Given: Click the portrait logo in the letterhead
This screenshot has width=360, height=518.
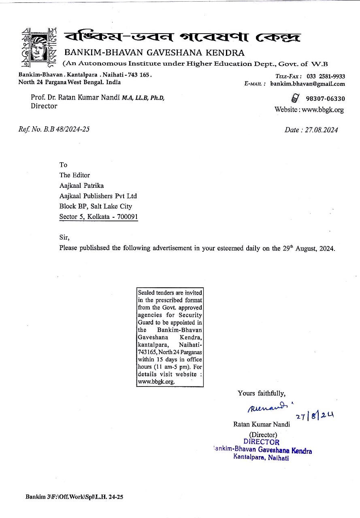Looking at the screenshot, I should coord(38,47).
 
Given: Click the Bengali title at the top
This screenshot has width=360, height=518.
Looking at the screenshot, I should coord(182,37).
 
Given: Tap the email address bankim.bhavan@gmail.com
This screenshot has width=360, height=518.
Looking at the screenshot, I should coord(307,84).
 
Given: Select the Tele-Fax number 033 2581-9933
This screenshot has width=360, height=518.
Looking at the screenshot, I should coord(326,76).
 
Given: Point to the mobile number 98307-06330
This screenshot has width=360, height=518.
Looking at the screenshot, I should coord(325,99).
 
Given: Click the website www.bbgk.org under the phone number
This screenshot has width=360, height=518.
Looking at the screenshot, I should coord(322,109).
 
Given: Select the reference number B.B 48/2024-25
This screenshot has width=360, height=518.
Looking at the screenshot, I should coord(66,129).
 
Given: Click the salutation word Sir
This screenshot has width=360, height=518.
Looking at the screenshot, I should coord(64,238).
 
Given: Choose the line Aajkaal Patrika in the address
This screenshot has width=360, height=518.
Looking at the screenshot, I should coord(81,185).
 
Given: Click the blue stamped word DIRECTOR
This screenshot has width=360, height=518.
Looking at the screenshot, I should coord(261,442).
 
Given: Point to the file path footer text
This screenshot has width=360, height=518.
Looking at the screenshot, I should coord(74,497).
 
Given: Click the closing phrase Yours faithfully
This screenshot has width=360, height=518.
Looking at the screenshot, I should coord(261,393).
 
